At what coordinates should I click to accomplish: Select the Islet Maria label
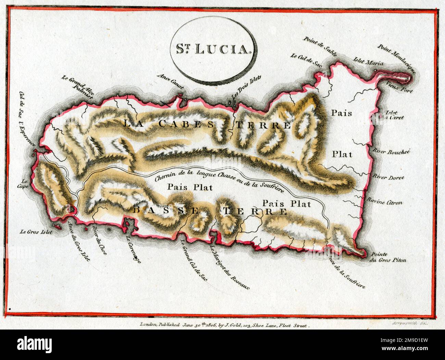[369, 64]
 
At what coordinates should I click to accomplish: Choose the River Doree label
[389, 178]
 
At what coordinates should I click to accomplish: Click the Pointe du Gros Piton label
[389, 257]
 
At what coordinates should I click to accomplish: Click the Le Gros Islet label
[36, 232]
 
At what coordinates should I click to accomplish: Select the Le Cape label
[24, 183]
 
